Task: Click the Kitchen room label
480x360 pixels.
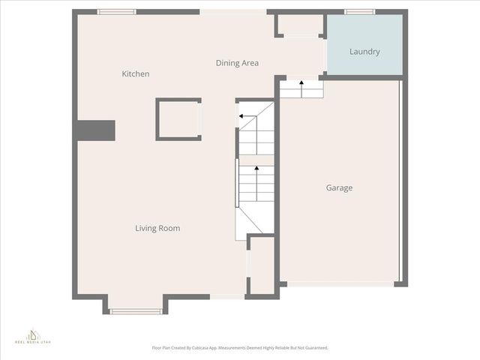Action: [136, 74]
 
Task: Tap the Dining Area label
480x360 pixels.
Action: [237, 63]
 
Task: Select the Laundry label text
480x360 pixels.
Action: [364, 52]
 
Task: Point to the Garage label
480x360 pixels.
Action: [339, 187]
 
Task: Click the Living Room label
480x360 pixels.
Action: [157, 228]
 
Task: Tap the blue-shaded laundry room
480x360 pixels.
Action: [365, 45]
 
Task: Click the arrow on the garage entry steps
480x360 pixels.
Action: [301, 87]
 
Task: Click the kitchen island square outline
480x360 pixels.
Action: [178, 119]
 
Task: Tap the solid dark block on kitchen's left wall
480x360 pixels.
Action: [95, 130]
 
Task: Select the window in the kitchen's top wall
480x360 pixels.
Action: [117, 12]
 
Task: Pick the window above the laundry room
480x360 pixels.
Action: [360, 12]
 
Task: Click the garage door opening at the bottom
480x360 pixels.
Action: [341, 283]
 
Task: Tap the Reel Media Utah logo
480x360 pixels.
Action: [32, 335]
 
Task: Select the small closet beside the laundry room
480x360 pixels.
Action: [300, 25]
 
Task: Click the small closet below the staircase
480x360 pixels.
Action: [262, 265]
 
